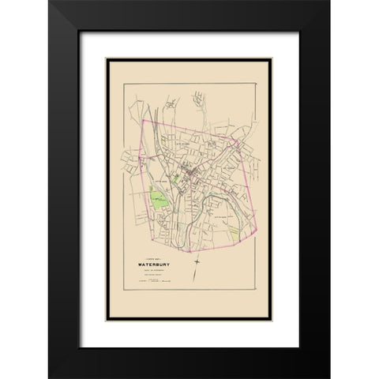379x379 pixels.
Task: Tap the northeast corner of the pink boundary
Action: [x=238, y=140]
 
